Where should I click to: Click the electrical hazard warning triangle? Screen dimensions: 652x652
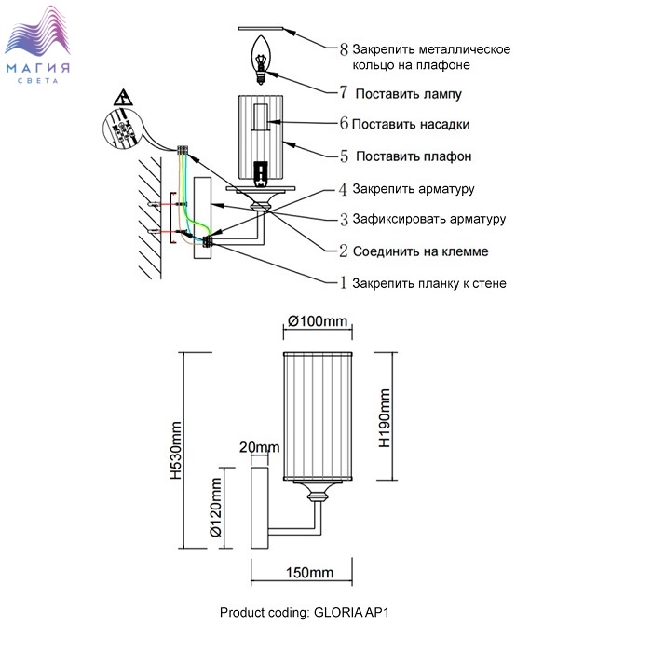[122, 98]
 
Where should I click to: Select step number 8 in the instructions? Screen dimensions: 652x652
[343, 48]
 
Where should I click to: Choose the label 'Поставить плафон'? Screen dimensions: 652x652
[412, 156]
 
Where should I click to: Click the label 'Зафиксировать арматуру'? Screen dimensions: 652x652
[428, 220]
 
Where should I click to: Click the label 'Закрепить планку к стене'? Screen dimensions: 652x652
[429, 283]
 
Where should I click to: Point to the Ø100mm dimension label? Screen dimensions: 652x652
[318, 321]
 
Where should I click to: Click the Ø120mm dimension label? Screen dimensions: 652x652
[215, 509]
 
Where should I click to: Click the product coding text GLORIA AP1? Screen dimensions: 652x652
[316, 613]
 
